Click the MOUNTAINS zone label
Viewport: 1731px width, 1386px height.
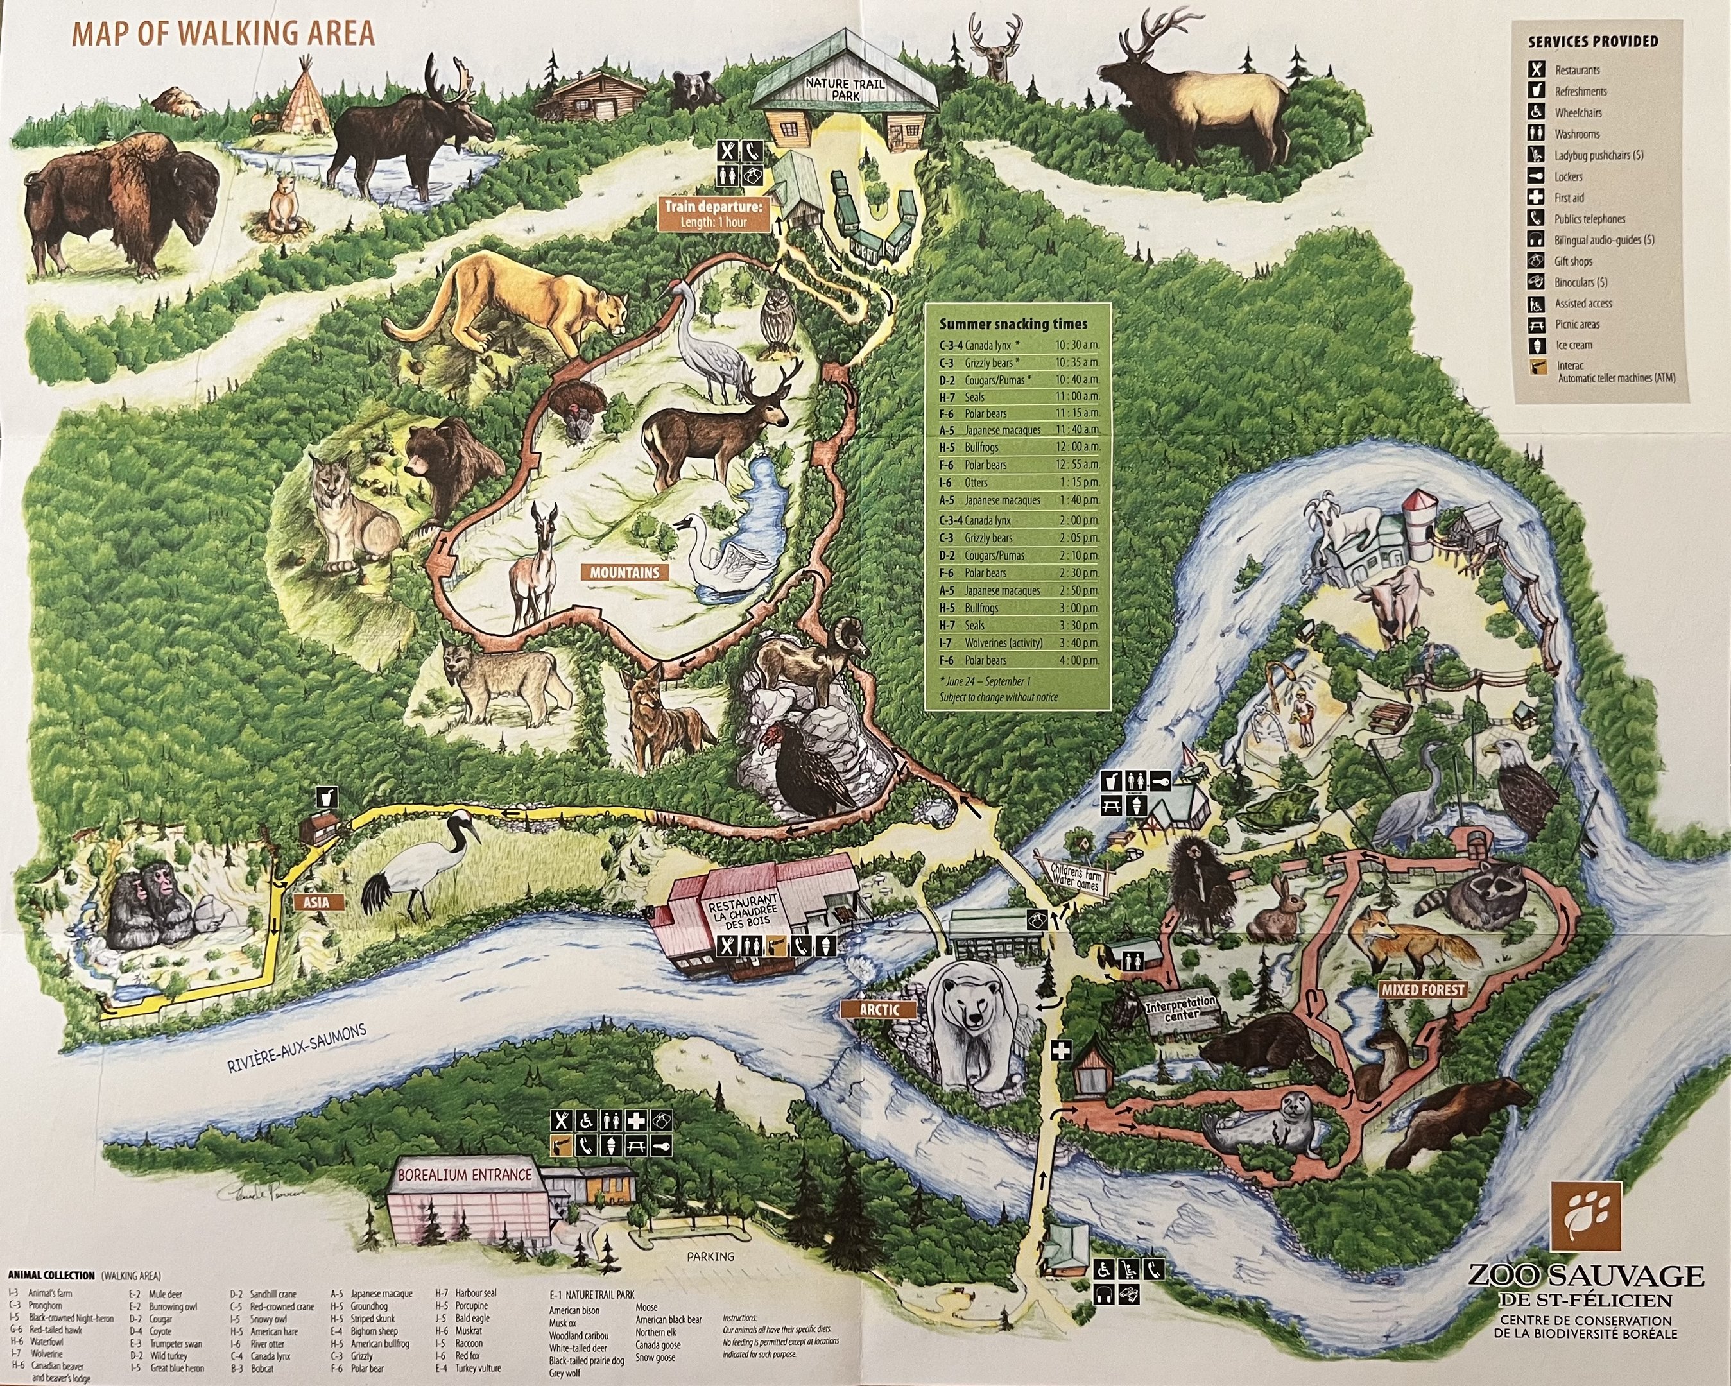click(624, 573)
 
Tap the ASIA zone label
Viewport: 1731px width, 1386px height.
click(316, 902)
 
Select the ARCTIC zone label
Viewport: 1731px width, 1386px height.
click(879, 1009)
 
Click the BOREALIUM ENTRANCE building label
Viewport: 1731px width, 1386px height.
click(465, 1175)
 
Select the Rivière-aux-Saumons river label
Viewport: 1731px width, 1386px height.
click(297, 1048)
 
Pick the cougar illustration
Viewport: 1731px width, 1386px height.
click(514, 305)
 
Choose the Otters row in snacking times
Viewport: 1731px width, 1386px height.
click(1018, 483)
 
